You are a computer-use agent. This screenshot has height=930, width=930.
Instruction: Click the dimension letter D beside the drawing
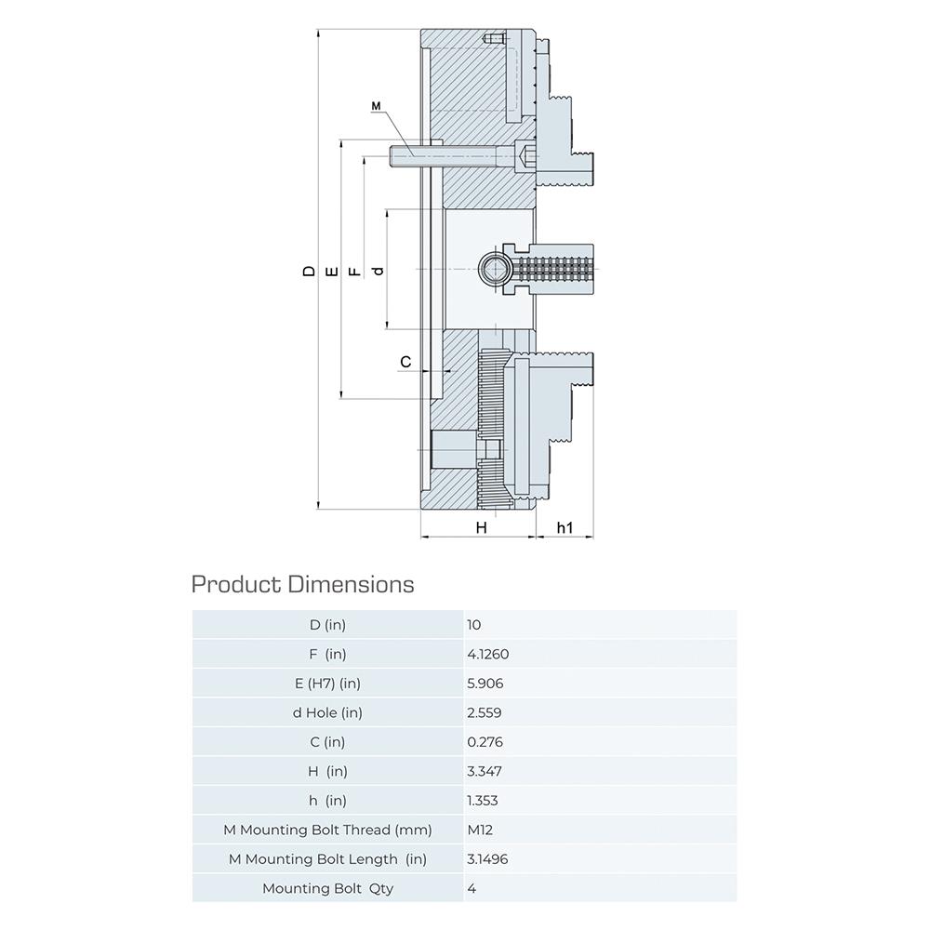[309, 271]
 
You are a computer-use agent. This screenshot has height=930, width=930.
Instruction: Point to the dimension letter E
[332, 272]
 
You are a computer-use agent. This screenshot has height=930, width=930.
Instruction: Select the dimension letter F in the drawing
[354, 272]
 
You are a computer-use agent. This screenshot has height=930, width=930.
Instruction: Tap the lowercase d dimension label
[378, 271]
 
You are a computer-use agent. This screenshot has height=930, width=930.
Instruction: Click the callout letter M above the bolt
[376, 106]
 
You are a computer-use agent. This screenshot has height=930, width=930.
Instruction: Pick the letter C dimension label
[405, 362]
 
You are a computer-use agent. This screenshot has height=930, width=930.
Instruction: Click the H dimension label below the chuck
[481, 527]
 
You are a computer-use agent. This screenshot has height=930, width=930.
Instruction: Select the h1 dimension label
[565, 527]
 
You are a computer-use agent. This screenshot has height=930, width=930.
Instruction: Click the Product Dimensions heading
[302, 585]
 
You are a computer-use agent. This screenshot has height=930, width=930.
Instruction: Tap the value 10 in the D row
[474, 625]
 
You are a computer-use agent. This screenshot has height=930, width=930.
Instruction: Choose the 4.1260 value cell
[488, 654]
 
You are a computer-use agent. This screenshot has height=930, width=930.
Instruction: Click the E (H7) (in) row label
[327, 684]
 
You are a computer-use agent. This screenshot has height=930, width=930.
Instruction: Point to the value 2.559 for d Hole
[484, 712]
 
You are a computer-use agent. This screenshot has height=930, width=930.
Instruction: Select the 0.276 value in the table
[485, 742]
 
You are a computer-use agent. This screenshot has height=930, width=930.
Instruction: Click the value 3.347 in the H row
[484, 771]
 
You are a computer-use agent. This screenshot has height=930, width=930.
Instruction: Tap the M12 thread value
[480, 830]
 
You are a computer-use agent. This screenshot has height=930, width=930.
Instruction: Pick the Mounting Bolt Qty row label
[328, 888]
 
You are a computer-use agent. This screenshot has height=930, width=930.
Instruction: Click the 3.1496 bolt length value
[487, 858]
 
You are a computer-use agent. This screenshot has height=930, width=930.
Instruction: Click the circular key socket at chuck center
[494, 271]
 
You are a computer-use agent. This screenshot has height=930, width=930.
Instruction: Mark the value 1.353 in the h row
[482, 801]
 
